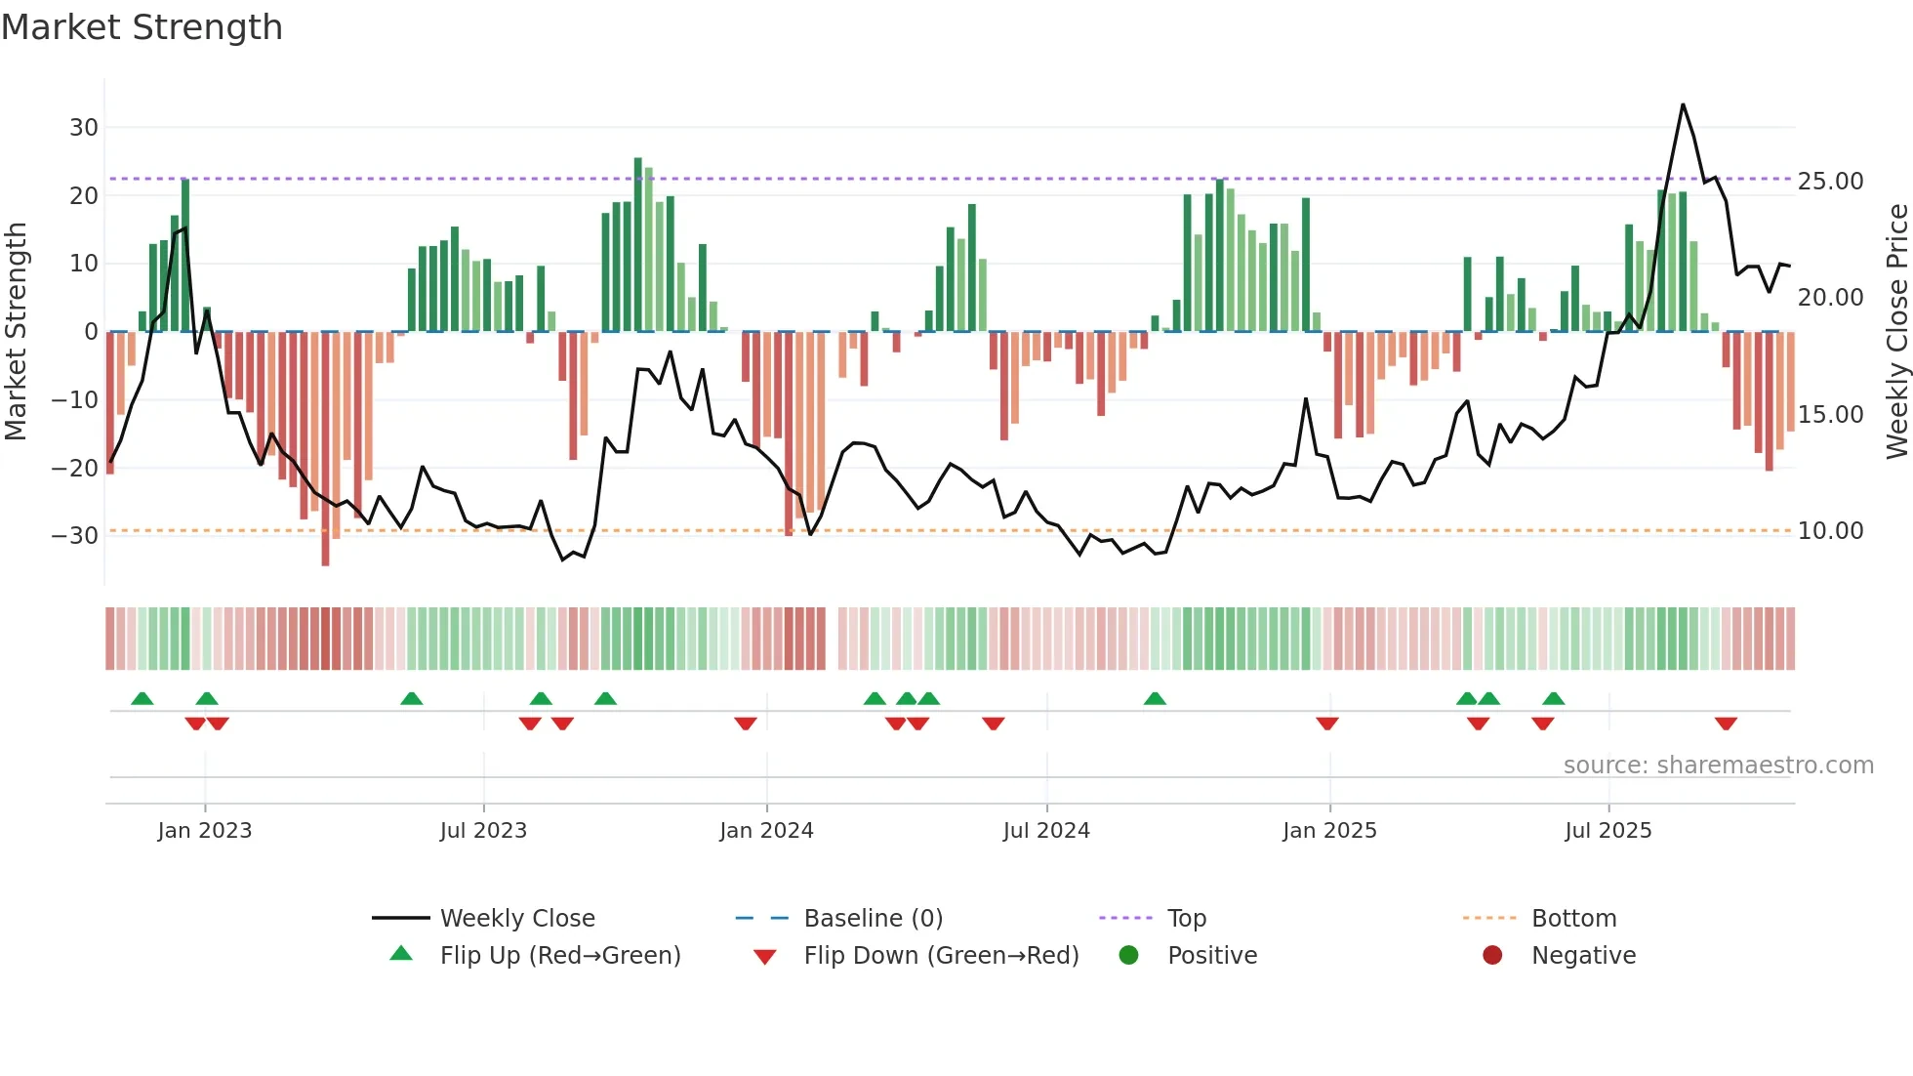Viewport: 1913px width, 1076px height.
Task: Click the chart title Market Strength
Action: [x=142, y=27]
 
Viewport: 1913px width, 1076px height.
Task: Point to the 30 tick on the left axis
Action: [x=84, y=128]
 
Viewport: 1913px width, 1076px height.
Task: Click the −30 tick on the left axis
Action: [x=75, y=536]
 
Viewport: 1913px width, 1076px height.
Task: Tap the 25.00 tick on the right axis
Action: [x=1830, y=182]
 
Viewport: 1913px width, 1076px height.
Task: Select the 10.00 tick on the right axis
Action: [x=1830, y=531]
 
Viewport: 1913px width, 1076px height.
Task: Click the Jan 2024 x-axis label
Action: [x=766, y=831]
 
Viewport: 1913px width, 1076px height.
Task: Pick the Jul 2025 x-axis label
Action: [x=1608, y=831]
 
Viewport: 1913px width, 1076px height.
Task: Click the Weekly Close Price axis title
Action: [x=1896, y=332]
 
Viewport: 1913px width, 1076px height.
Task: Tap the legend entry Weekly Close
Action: [x=516, y=919]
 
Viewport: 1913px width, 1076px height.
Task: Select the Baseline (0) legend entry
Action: [x=873, y=919]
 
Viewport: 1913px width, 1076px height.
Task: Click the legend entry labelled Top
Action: [x=1186, y=919]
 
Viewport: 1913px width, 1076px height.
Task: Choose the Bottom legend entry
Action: [x=1573, y=919]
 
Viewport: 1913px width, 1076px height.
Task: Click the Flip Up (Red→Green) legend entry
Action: [x=559, y=956]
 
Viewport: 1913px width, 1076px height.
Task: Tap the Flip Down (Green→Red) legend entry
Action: [x=941, y=956]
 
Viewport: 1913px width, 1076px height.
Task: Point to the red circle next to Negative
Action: [x=1492, y=956]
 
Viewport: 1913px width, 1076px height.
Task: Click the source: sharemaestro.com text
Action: [x=1718, y=766]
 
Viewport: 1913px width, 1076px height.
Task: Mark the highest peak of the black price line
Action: [x=1683, y=104]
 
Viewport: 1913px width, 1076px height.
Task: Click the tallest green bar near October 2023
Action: [x=638, y=244]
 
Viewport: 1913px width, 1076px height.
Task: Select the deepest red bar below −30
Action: [x=325, y=449]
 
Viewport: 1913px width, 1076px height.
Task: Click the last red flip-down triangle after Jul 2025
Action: [x=1726, y=724]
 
